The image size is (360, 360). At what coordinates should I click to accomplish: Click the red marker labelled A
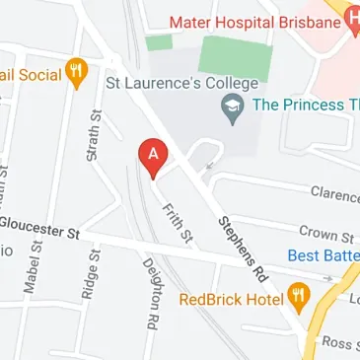point(152,155)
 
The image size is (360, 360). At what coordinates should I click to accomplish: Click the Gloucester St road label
point(39,232)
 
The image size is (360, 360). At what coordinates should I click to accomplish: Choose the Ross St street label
point(337,342)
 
